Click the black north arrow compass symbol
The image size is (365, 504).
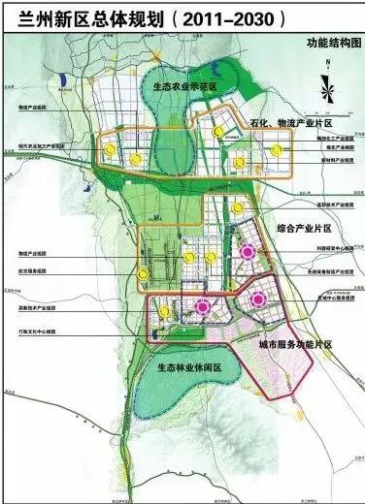330,85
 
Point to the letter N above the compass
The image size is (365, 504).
330,63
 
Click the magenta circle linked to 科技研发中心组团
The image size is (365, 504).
248,253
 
